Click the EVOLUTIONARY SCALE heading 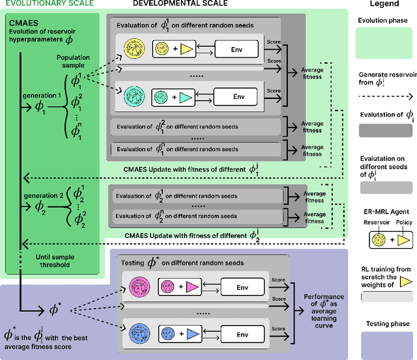tap(47, 4)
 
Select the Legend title tap(384, 4)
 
